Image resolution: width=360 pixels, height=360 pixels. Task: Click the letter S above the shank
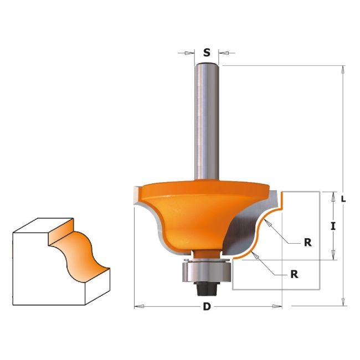click(x=207, y=53)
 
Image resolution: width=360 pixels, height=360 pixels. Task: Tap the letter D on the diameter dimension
click(x=207, y=306)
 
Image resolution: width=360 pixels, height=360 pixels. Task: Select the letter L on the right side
click(x=343, y=199)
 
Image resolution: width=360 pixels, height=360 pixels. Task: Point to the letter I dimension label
click(x=333, y=227)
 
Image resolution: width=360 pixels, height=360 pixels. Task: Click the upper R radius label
click(x=308, y=243)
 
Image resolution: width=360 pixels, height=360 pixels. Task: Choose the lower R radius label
click(x=294, y=274)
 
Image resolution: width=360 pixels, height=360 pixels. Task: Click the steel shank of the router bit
click(x=207, y=122)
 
